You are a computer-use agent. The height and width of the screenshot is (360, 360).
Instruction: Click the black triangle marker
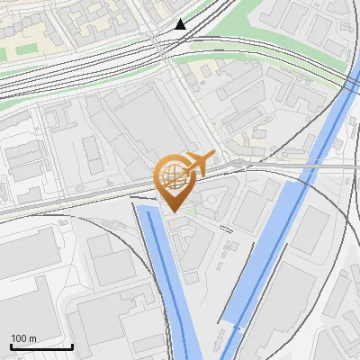point(181,24)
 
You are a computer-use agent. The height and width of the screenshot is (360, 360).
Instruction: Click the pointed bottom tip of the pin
point(172,211)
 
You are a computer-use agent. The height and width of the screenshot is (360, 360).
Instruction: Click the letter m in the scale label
point(32,338)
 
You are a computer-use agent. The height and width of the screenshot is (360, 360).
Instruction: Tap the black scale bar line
point(41,346)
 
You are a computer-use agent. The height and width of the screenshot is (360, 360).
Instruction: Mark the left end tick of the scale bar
point(11,345)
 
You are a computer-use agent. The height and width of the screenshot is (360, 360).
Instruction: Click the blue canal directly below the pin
point(166,270)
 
